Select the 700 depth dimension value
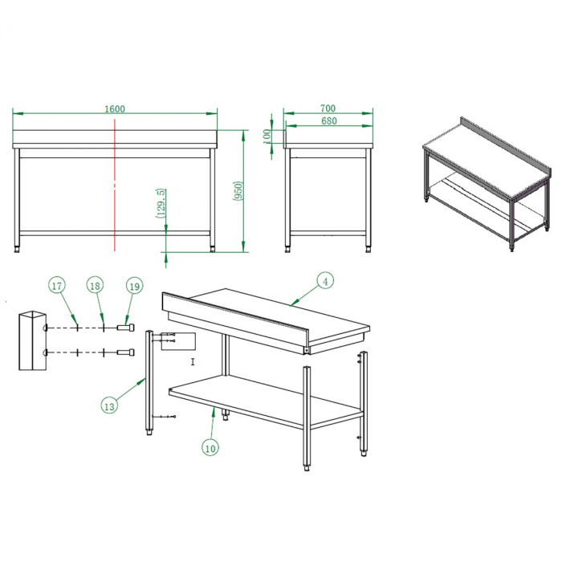pos(327,108)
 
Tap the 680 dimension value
pos(327,121)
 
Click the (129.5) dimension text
pos(161,202)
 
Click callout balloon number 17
pos(56,286)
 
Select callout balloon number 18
pos(95,286)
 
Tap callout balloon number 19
pos(133,286)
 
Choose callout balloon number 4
pos(324,281)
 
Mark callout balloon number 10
pos(210,448)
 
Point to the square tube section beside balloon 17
pos(32,340)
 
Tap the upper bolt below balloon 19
pos(127,328)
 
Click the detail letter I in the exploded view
pos(193,362)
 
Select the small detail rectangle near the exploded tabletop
pos(178,342)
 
